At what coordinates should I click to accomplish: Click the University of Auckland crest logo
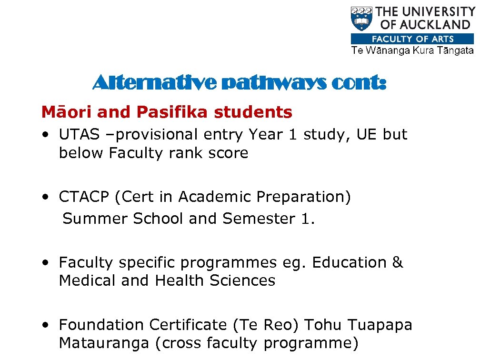pos(362,20)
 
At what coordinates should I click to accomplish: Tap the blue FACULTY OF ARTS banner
pos(412,39)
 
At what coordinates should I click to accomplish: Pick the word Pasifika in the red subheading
pos(173,112)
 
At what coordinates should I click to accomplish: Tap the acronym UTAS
pos(80,135)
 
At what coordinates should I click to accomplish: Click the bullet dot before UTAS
pos(45,135)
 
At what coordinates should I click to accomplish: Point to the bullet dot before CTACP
pos(45,197)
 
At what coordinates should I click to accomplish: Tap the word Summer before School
pos(95,219)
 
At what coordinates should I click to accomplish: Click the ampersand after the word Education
pos(398,262)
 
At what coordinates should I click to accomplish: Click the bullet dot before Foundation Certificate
pos(45,326)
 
